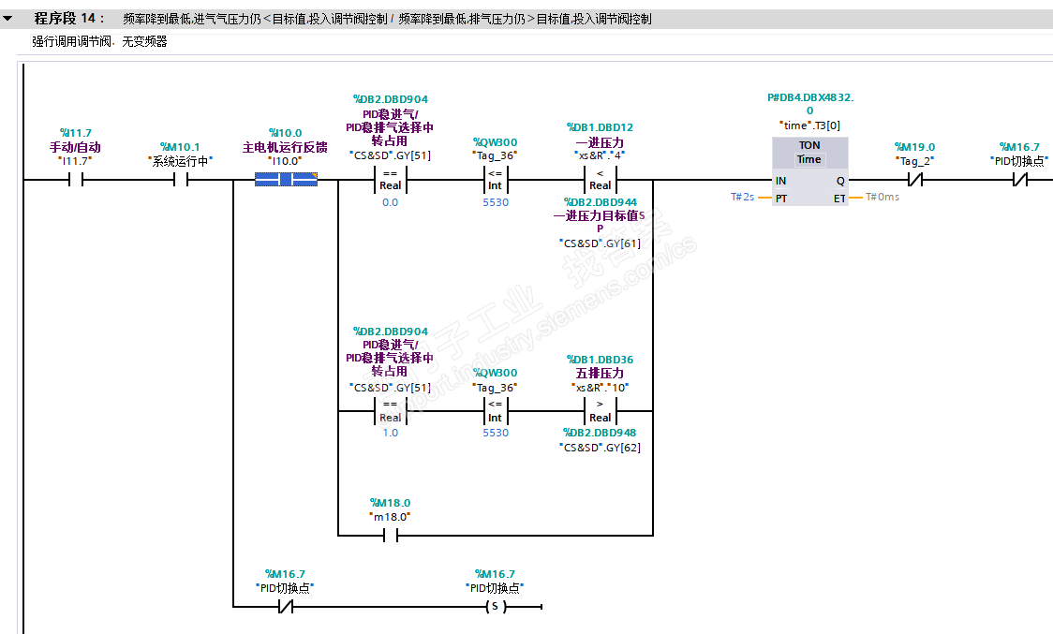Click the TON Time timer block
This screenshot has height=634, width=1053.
coord(809,171)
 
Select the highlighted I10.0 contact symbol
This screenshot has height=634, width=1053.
coord(286,179)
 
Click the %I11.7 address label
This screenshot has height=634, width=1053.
coord(76,133)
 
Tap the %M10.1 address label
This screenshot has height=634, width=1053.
coord(180,147)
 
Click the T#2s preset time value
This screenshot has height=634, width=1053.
coord(743,198)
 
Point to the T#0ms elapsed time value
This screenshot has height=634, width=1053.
coord(882,198)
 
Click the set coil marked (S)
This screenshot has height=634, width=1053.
coord(494,607)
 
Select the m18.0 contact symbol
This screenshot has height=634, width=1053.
coord(390,536)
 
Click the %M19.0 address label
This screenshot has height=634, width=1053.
coord(914,147)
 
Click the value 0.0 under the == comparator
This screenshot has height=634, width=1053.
coord(390,202)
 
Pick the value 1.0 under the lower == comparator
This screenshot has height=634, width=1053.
coord(390,433)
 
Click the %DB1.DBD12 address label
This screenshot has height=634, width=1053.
coord(600,127)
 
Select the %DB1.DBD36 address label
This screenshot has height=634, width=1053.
coord(600,360)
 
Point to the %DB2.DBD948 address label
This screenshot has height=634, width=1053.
coord(600,433)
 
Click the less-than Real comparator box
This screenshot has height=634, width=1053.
coord(600,179)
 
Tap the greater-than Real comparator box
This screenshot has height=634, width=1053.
coord(600,410)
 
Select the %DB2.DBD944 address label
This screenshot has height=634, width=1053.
coord(600,202)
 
